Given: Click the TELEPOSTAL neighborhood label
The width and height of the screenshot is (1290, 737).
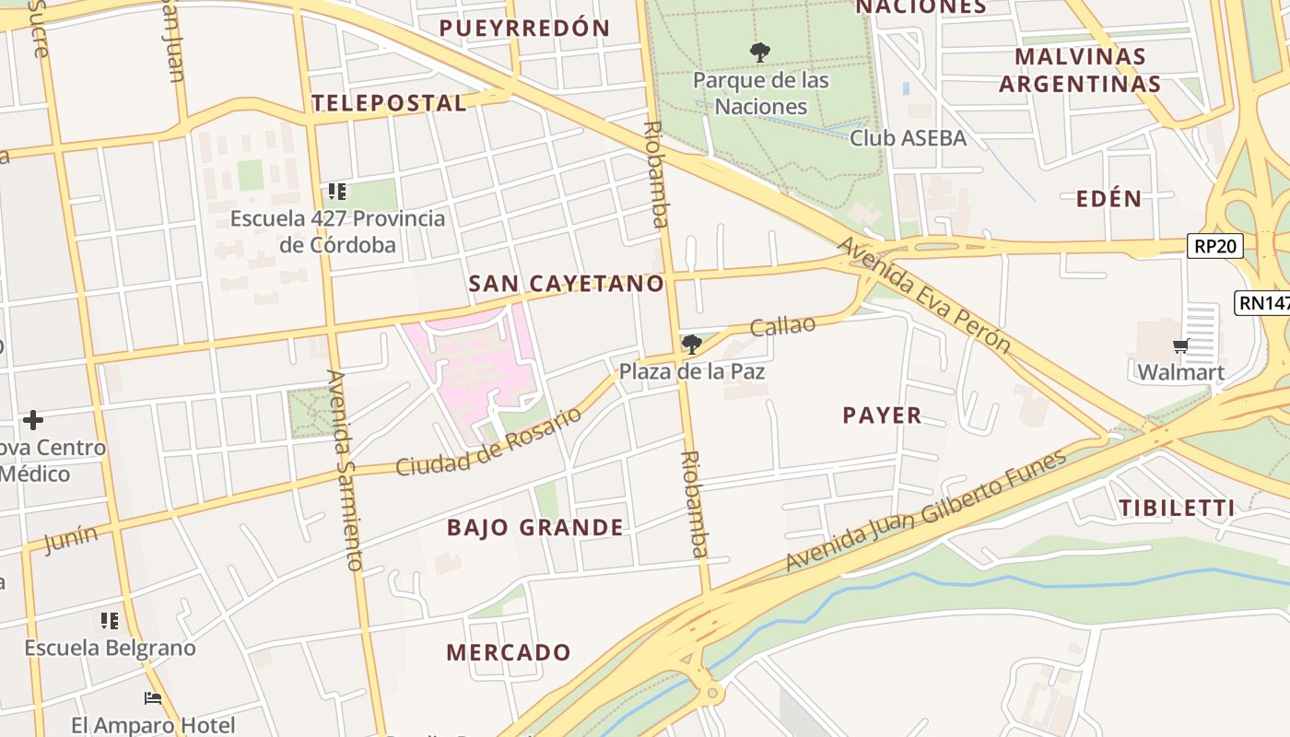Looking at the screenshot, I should pyautogui.click(x=389, y=103).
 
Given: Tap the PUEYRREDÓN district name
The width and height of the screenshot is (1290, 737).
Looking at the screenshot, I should pyautogui.click(x=524, y=29).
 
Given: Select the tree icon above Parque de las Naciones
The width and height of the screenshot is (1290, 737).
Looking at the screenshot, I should pyautogui.click(x=760, y=53).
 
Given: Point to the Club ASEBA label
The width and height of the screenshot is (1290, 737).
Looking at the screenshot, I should pyautogui.click(x=908, y=138).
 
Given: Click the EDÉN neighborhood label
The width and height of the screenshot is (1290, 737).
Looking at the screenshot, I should pyautogui.click(x=1108, y=199).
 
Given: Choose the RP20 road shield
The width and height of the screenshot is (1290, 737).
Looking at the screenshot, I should pyautogui.click(x=1214, y=246).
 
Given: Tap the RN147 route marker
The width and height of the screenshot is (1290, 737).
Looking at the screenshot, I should pyautogui.click(x=1263, y=303).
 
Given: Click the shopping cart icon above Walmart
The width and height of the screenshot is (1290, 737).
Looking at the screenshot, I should pyautogui.click(x=1180, y=346).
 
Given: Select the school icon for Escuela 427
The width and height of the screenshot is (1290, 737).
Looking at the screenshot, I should pyautogui.click(x=337, y=192).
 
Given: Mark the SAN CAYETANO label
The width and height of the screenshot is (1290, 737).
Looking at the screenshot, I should pyautogui.click(x=566, y=284).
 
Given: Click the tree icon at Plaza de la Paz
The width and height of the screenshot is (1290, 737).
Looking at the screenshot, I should pyautogui.click(x=691, y=345).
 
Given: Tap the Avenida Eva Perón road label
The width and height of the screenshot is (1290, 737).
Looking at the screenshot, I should pyautogui.click(x=923, y=294).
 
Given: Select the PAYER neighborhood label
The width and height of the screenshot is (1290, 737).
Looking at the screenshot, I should pyautogui.click(x=882, y=415).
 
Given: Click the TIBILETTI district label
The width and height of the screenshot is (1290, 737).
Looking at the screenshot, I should pyautogui.click(x=1177, y=508).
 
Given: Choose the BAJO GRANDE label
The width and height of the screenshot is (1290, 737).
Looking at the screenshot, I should pyautogui.click(x=534, y=528).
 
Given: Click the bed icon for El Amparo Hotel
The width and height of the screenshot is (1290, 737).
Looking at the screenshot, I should pyautogui.click(x=153, y=698).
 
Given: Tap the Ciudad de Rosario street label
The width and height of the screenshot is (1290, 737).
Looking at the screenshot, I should pyautogui.click(x=488, y=442).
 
